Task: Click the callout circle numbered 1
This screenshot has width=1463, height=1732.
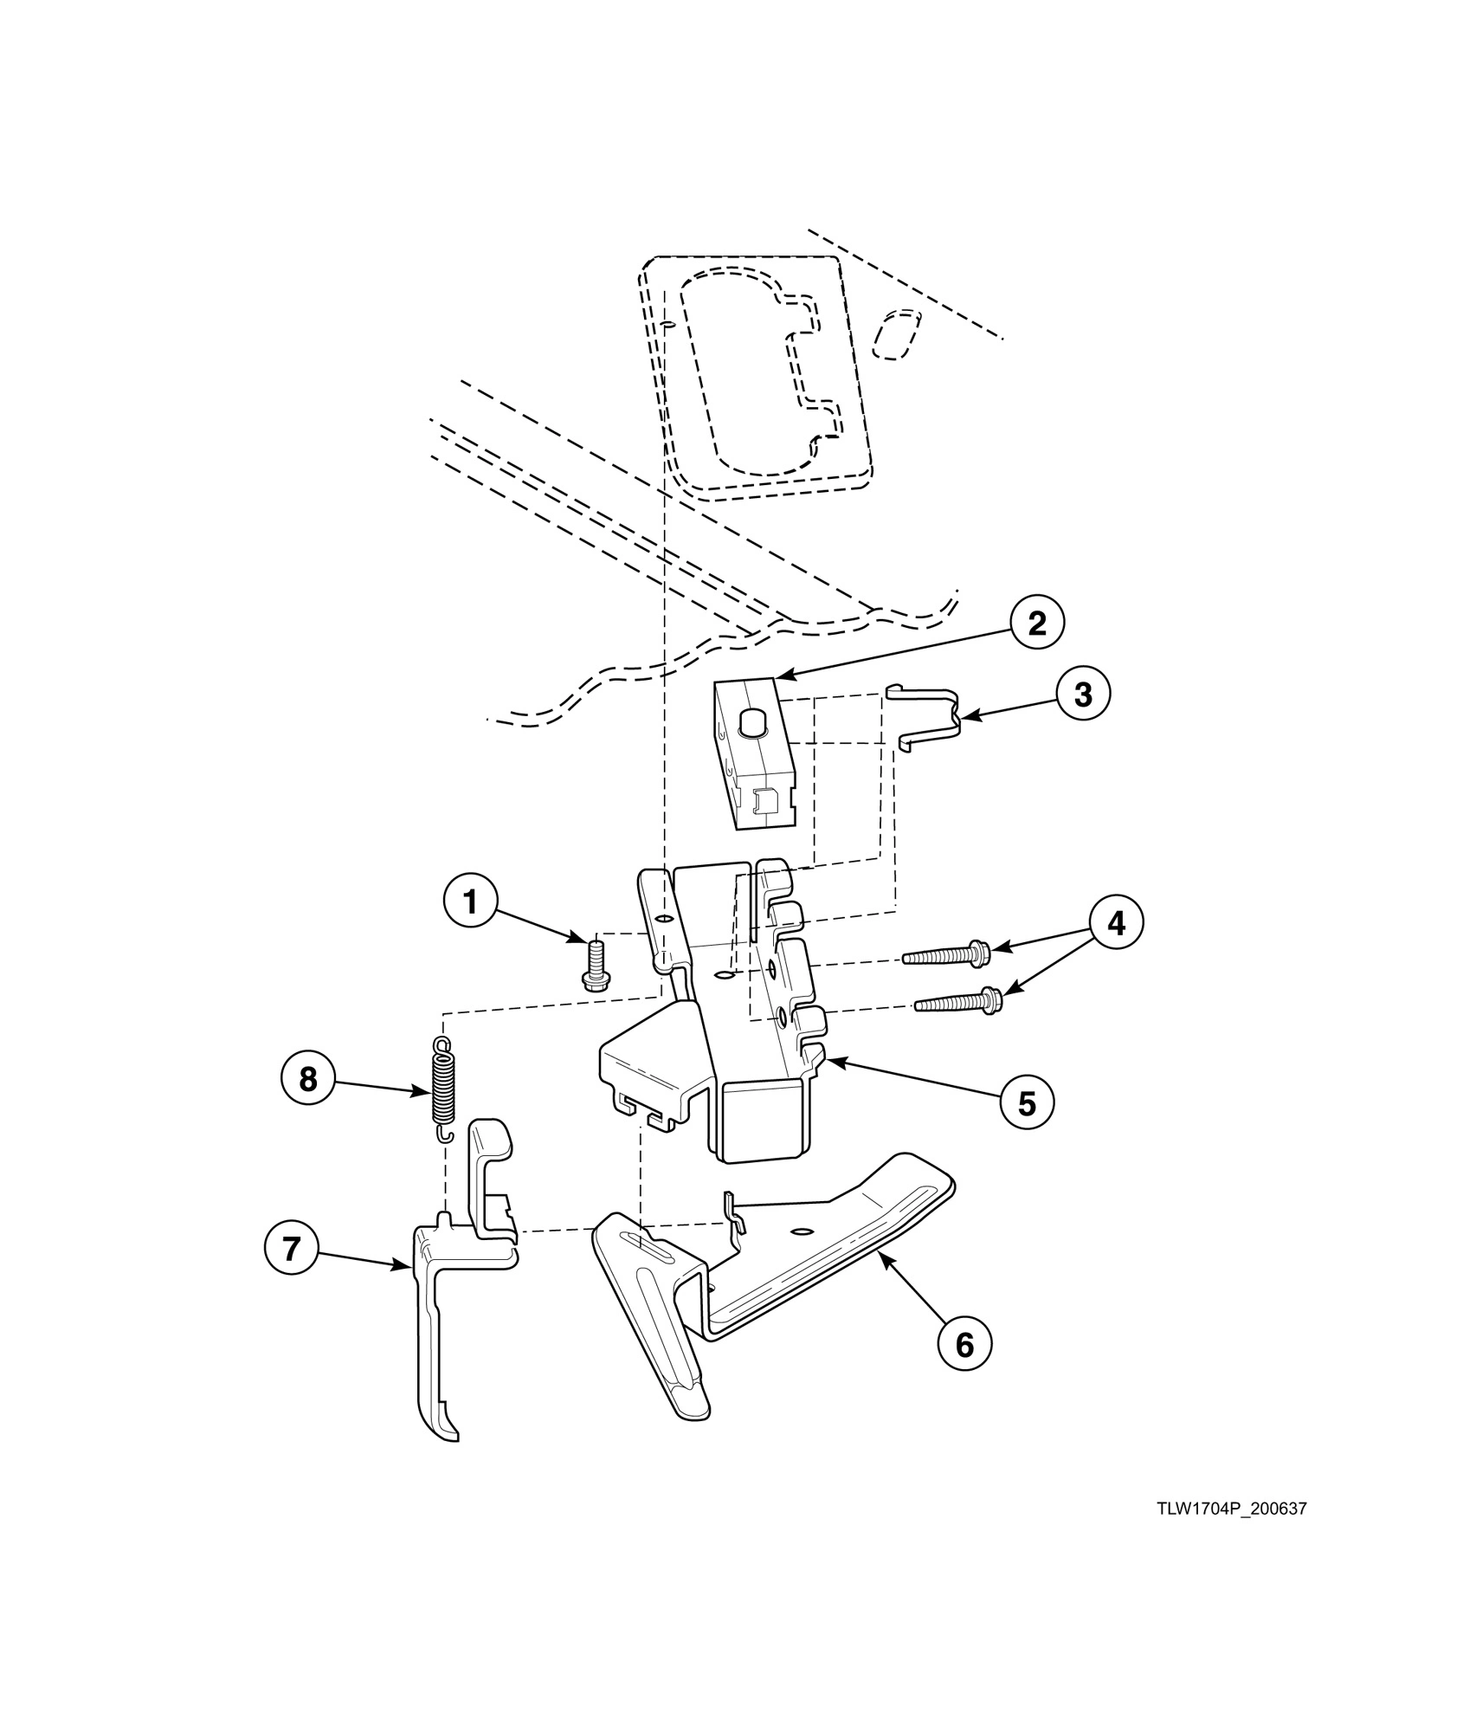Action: point(470,902)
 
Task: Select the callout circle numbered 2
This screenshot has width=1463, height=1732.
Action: point(1036,624)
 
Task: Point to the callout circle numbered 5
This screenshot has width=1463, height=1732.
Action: point(1027,1102)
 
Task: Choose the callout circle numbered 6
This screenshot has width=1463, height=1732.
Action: point(964,1344)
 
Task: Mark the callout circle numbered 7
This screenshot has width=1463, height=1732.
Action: point(291,1248)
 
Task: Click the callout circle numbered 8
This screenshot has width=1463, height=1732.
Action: point(307,1079)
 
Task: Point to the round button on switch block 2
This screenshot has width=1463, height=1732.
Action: point(753,720)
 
